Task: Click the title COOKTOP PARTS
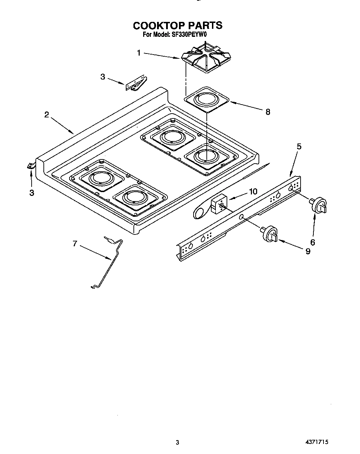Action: point(178,25)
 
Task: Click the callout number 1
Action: point(139,53)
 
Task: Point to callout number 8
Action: point(268,112)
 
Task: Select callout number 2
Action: point(47,115)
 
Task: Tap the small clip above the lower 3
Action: point(31,166)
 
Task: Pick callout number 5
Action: point(299,146)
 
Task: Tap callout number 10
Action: point(253,191)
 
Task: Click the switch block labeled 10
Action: point(218,204)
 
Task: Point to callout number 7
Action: point(75,244)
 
